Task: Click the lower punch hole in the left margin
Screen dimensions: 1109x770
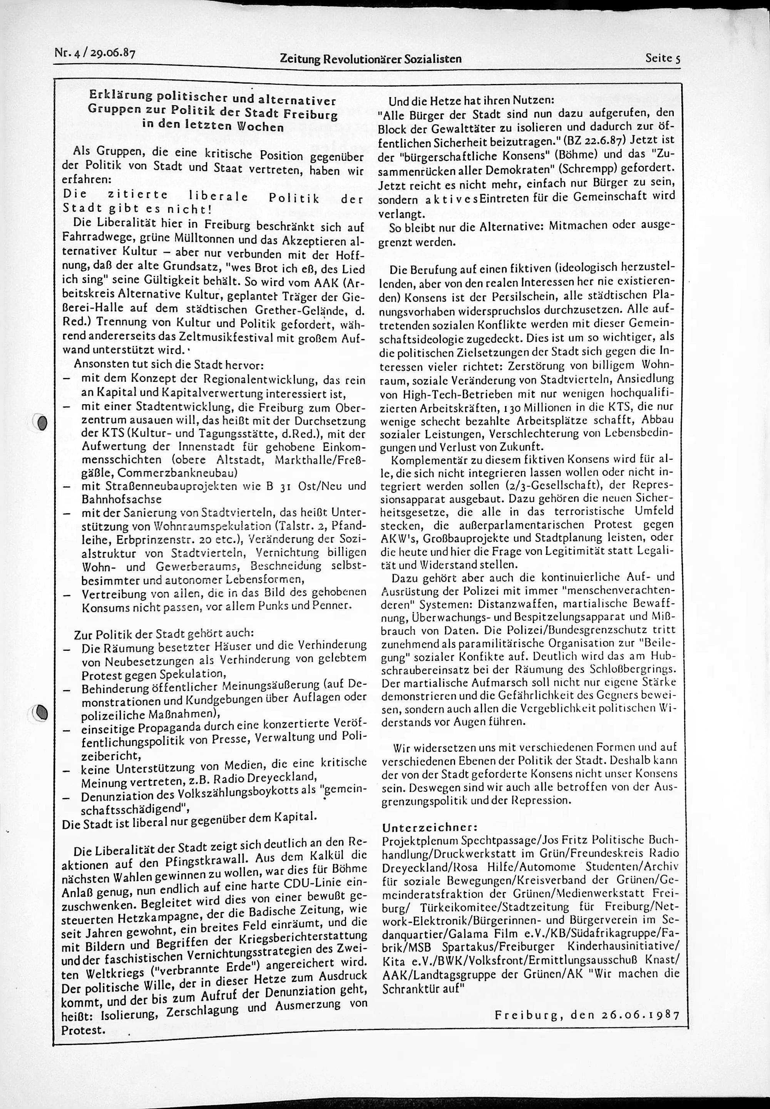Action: (x=42, y=712)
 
